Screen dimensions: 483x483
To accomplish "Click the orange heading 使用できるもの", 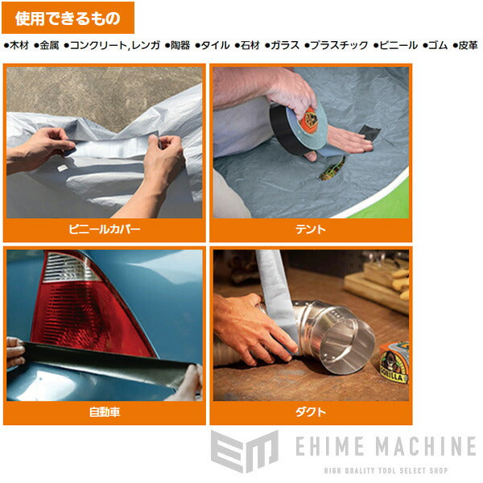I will coord(68,17).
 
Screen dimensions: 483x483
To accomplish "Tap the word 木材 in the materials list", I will coord(19,46).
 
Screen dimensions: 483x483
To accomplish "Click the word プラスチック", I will coord(339,46).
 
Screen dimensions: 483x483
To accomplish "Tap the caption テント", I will coord(311,229).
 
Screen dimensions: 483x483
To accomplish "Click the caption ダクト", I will coord(311,412).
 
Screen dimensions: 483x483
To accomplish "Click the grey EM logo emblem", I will coord(243,452).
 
